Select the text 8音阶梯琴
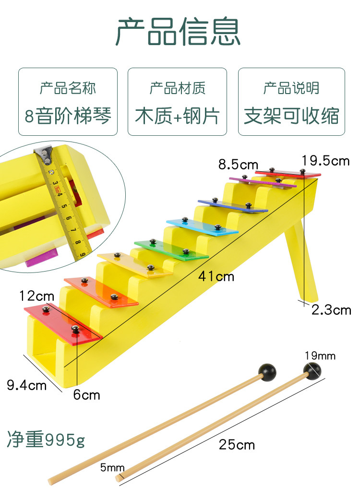point(68,116)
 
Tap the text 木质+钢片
point(177,116)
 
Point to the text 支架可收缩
point(291,116)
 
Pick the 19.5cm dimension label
point(325,161)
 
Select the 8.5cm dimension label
point(238,165)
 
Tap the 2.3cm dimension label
point(331,310)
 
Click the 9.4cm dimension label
point(27,384)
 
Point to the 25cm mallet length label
point(237,445)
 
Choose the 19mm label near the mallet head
point(320,356)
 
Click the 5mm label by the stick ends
point(112,467)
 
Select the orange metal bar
point(101,291)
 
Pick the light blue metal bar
point(202,226)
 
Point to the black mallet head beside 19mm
point(312,369)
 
